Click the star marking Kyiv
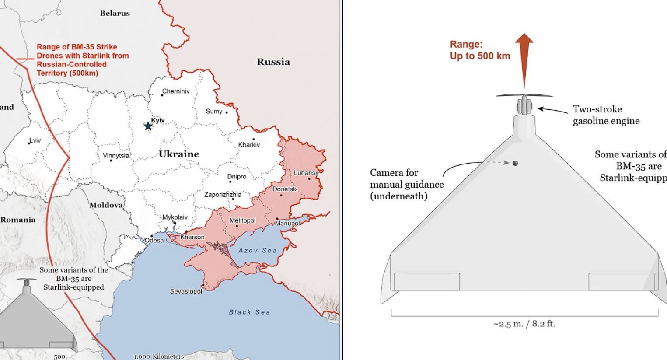148,126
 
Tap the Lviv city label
35,140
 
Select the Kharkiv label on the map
249,145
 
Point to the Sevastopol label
186,291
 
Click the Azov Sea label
257,250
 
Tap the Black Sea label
249,312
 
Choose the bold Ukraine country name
179,154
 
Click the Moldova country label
106,205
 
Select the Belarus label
115,13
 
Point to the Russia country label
273,62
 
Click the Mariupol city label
287,223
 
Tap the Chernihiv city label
176,91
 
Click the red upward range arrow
524,59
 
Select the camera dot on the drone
515,163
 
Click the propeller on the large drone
524,95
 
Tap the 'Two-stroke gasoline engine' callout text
606,115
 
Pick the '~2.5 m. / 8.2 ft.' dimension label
524,324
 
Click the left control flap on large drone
426,281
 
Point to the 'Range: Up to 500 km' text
480,50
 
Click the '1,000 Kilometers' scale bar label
159,357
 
